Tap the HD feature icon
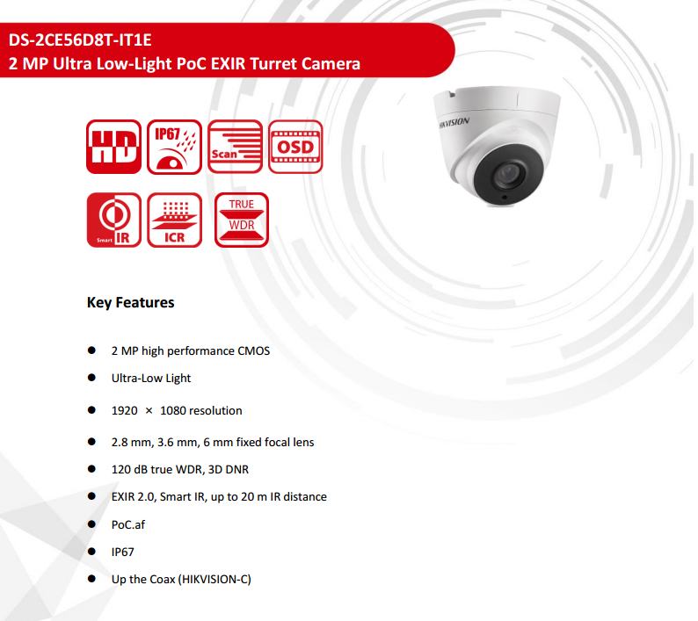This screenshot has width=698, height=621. point(114,148)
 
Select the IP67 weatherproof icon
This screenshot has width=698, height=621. point(174,148)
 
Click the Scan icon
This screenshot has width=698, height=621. point(234,148)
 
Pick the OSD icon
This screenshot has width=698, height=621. point(294,147)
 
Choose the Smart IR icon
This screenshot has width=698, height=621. point(114,220)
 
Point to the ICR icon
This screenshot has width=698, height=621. point(174,220)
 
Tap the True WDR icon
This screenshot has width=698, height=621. point(241,220)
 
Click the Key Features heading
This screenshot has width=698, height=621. point(130,303)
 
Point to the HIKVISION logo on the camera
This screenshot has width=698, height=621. point(454,124)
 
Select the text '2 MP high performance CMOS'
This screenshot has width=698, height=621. point(190,350)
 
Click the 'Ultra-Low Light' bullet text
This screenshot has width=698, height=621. point(150,379)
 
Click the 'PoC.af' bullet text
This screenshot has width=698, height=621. point(127,524)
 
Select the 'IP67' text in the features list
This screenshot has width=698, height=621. point(123,552)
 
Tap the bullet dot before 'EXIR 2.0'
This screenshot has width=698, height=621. point(91,496)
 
